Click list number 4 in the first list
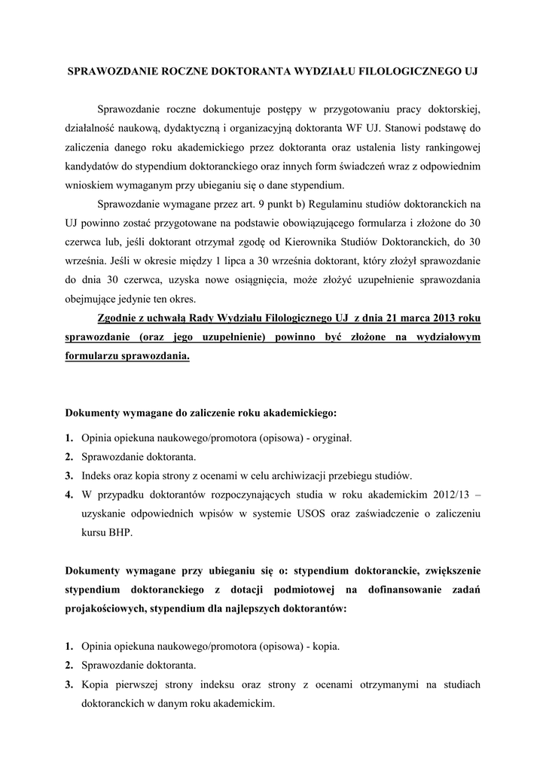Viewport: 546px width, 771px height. click(69, 494)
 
